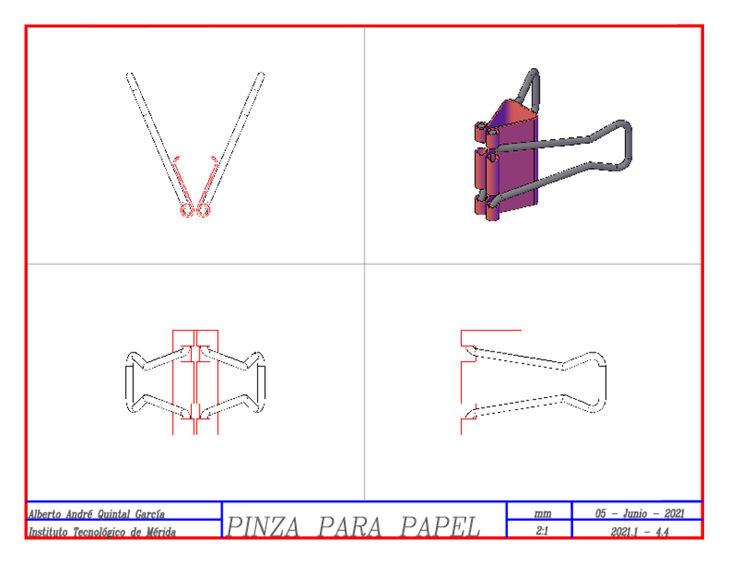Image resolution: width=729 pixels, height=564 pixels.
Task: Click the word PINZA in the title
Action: (x=263, y=526)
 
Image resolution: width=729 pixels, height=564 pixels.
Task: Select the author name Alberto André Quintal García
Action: (x=96, y=514)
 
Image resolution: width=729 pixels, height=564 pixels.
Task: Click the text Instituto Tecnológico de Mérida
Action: (x=102, y=532)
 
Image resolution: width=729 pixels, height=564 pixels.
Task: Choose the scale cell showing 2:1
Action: (x=542, y=532)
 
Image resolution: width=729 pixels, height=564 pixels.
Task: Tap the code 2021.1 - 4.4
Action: (x=640, y=532)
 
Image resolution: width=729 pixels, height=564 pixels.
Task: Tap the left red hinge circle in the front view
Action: (x=187, y=211)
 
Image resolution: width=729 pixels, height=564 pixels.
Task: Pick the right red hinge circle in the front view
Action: (x=204, y=211)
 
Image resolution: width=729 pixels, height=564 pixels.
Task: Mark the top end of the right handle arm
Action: (x=259, y=76)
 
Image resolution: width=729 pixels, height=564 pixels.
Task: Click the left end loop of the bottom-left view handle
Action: (x=129, y=380)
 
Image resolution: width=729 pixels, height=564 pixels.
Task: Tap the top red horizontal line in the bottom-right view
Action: (x=491, y=330)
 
